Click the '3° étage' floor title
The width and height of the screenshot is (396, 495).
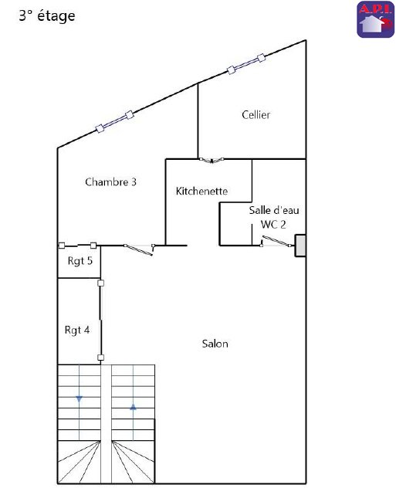[x=47, y=15]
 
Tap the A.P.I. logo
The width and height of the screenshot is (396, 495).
[x=375, y=19]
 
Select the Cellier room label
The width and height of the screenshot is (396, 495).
[x=256, y=114]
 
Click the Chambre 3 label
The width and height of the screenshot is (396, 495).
[x=110, y=181]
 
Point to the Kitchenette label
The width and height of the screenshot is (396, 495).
[x=201, y=191]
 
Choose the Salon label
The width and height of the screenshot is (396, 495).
[x=215, y=344]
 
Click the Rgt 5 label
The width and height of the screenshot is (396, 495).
[x=80, y=261]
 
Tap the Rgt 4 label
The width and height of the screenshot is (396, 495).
[x=77, y=331]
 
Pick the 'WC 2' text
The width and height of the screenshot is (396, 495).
[x=273, y=225]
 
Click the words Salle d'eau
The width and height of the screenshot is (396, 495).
[x=274, y=210]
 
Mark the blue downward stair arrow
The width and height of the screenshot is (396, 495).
[x=80, y=399]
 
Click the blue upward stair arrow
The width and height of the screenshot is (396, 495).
[x=133, y=407]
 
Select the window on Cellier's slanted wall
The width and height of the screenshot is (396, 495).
[x=246, y=64]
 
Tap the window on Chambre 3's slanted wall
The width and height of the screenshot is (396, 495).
[x=114, y=121]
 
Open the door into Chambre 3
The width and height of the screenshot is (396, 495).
[x=139, y=249]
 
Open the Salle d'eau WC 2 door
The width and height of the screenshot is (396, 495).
[x=276, y=242]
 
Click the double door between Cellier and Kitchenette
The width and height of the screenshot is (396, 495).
[x=212, y=161]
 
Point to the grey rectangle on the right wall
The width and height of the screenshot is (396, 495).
[x=300, y=246]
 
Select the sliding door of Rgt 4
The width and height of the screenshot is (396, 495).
[x=100, y=320]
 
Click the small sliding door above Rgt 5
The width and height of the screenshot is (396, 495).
[x=78, y=246]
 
